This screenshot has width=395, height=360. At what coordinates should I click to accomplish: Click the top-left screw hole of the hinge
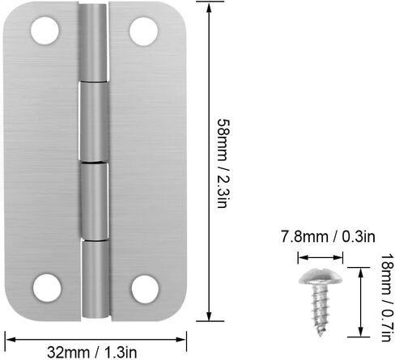point(45,31)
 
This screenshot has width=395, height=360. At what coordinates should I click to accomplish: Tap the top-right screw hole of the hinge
point(143,32)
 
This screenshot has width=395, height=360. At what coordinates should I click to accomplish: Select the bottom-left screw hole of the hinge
point(47,288)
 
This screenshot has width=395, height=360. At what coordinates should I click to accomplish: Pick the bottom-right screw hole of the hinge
point(145,290)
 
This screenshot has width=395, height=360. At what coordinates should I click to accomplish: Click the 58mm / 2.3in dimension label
point(224,163)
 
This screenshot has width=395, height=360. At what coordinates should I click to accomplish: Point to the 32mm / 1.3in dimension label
point(92,352)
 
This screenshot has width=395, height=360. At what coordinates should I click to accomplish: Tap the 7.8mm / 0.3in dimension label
point(328,237)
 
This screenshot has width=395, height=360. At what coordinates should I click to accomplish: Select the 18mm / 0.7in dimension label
point(386,298)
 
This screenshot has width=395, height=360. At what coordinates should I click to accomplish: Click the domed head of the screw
point(321,277)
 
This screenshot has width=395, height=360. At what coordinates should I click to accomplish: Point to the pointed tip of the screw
point(321,335)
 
